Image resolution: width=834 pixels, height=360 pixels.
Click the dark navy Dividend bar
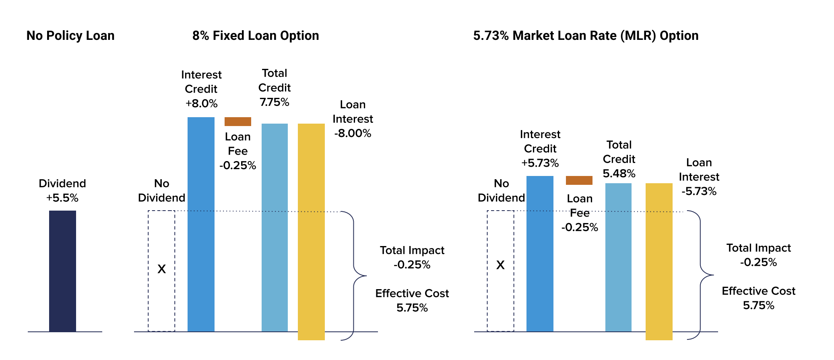click(x=62, y=271)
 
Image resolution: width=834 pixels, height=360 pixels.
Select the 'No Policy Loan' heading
click(x=70, y=35)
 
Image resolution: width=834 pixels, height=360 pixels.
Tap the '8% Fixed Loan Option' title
click(x=256, y=35)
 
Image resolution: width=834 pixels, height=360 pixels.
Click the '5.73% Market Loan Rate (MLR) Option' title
click(x=586, y=35)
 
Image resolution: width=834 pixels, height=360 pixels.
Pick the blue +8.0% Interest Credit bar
click(x=201, y=224)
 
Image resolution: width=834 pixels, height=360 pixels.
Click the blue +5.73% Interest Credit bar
click(x=540, y=254)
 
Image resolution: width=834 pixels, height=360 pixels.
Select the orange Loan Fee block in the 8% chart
click(x=238, y=122)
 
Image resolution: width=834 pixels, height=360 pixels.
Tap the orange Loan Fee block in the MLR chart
click(x=579, y=180)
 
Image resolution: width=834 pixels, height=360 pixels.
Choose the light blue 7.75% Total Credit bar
click(x=275, y=228)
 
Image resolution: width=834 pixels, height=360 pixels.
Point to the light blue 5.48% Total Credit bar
click(x=618, y=257)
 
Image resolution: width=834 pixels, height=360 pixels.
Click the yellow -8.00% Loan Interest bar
click(x=311, y=232)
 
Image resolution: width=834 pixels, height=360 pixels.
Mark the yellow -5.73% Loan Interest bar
click(x=659, y=261)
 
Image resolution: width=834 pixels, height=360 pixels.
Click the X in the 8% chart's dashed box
click(x=161, y=269)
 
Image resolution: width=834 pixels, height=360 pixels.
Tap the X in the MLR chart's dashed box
click(x=500, y=265)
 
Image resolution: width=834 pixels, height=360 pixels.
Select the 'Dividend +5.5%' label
click(x=62, y=190)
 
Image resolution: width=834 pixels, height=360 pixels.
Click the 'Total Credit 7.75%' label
click(x=275, y=87)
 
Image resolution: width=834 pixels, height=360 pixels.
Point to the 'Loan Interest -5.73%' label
click(x=699, y=177)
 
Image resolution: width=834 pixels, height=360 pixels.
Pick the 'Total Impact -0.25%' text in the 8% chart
click(x=412, y=257)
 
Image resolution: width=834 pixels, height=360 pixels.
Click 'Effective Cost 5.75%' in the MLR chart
click(x=758, y=298)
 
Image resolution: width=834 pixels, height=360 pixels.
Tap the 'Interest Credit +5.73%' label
click(x=540, y=149)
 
